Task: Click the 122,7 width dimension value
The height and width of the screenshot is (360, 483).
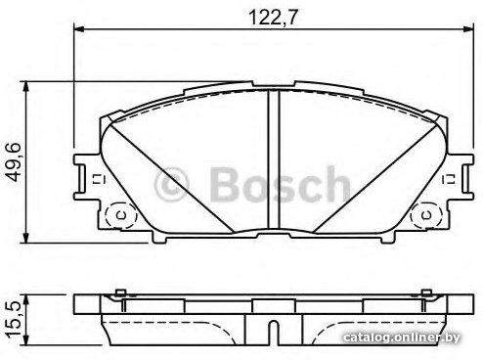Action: pyautogui.click(x=274, y=18)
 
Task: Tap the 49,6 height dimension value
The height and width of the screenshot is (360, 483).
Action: pyautogui.click(x=14, y=162)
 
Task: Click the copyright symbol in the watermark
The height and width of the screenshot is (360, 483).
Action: pyautogui.click(x=172, y=185)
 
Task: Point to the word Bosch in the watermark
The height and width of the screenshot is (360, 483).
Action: pyautogui.click(x=281, y=184)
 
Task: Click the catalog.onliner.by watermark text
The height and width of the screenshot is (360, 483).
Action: pyautogui.click(x=402, y=337)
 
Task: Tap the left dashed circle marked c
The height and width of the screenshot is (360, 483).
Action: pyautogui.click(x=122, y=215)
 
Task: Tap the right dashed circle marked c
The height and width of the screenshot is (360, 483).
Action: pyautogui.click(x=426, y=215)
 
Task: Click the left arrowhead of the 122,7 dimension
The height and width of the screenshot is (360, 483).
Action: pyautogui.click(x=79, y=29)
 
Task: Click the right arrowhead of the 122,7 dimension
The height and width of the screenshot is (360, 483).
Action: pyautogui.click(x=467, y=29)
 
